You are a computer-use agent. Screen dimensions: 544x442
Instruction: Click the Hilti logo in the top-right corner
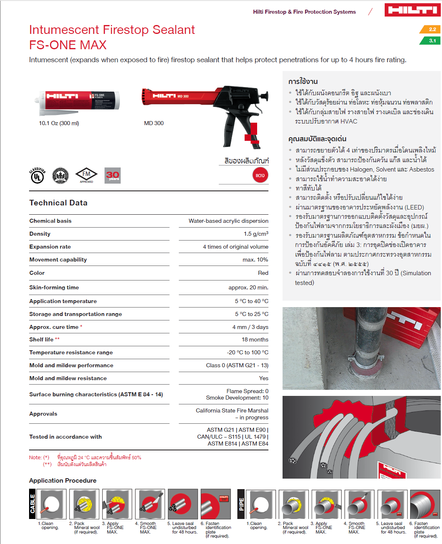coord(412,10)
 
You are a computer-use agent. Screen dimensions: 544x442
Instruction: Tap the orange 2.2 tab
coord(431,29)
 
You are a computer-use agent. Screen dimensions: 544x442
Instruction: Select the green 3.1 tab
coord(431,41)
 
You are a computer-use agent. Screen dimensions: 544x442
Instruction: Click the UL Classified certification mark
coord(37,176)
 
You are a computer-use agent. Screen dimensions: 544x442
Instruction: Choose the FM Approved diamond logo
coord(86,175)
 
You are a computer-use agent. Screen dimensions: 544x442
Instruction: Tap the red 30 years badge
coord(112,176)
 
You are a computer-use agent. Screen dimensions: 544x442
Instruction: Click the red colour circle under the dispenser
coord(260,175)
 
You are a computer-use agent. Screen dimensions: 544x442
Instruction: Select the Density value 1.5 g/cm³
coord(256,234)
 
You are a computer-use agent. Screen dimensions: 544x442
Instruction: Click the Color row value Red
coord(263,273)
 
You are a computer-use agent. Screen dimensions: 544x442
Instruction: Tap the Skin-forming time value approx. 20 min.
coord(248,288)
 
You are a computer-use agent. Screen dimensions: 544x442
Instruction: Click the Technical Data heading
coord(59,203)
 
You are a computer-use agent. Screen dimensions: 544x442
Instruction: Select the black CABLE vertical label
coord(33,504)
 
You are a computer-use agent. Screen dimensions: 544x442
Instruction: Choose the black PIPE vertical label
coord(241,504)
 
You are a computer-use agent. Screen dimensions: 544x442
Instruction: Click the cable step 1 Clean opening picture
coord(52,504)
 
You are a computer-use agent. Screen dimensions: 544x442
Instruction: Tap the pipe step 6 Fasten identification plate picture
coord(425,504)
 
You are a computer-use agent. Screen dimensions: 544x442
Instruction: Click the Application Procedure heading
coord(63,481)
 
